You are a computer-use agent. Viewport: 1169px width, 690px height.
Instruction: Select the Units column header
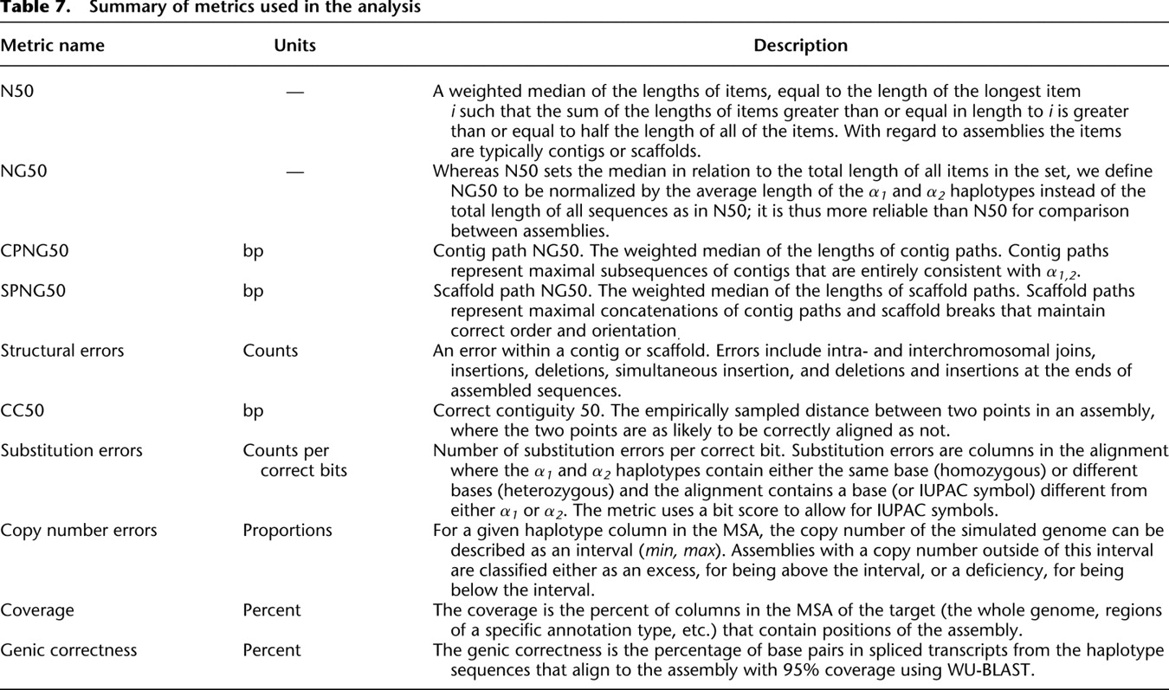point(294,46)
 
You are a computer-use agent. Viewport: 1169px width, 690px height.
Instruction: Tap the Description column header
point(800,46)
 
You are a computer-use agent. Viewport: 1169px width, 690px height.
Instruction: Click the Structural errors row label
point(62,351)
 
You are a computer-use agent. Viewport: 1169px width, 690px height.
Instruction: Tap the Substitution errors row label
point(72,450)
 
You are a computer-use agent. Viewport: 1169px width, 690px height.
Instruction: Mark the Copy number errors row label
point(79,530)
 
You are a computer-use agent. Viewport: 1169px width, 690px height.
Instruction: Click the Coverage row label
point(37,610)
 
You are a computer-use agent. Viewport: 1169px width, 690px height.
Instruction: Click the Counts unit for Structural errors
point(270,351)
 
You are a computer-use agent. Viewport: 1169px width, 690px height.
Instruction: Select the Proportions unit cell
point(287,530)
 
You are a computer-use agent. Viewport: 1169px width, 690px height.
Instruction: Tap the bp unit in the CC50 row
point(253,410)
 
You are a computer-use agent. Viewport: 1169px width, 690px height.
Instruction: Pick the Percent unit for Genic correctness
point(272,649)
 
